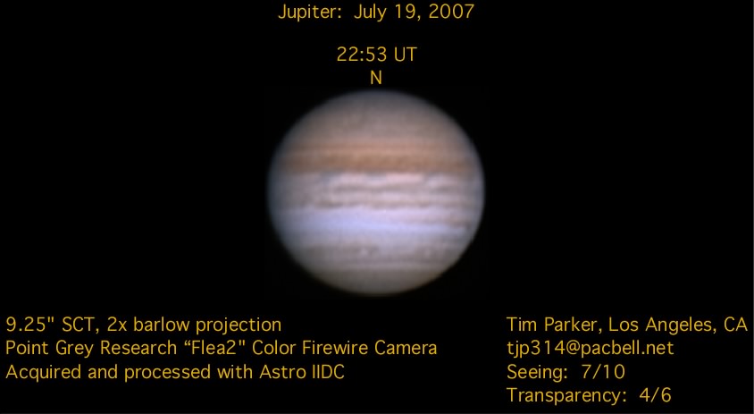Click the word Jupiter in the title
coord(309,12)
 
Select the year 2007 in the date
coord(451,11)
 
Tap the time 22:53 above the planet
coord(362,55)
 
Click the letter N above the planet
coord(376,78)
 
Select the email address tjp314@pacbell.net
coord(590,348)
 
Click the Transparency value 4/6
coord(656,395)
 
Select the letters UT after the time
coord(406,55)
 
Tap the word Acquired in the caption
coord(43,373)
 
